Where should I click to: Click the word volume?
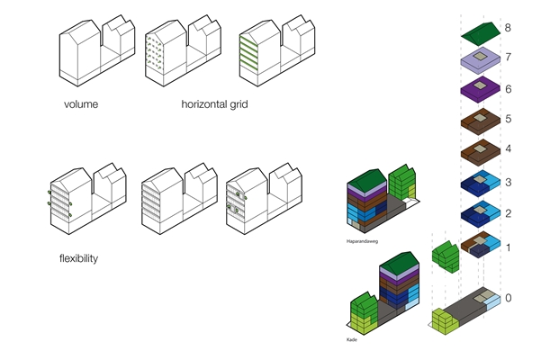pyautogui.click(x=80, y=104)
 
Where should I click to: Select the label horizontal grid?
pyautogui.click(x=214, y=104)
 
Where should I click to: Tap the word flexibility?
pyautogui.click(x=79, y=259)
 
